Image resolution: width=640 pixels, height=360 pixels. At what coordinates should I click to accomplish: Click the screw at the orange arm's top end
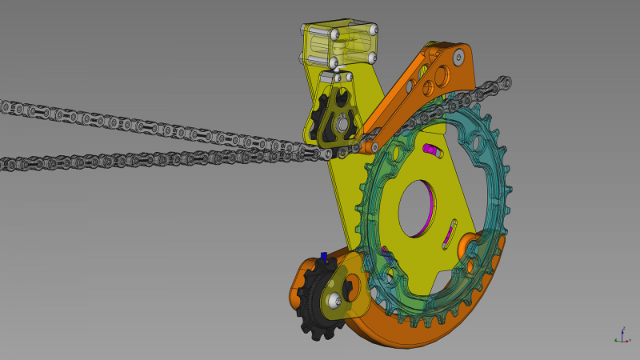458,57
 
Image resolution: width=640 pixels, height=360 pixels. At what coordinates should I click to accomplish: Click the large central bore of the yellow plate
418,210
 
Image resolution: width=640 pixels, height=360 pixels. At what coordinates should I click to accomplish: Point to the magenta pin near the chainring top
432,149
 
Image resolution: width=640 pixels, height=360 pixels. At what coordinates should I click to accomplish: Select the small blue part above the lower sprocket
324,257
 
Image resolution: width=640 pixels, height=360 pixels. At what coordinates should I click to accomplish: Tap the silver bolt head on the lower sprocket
334,300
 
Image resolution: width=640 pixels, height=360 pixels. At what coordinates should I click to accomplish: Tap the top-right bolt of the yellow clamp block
373,31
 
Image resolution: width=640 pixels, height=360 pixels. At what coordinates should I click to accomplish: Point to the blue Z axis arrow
623,330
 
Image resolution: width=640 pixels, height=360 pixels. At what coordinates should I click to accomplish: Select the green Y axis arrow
628,339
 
